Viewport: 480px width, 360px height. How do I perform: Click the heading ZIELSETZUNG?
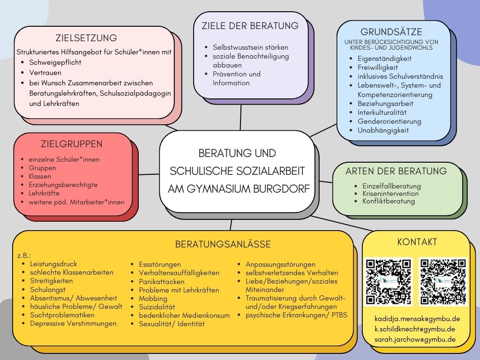[x=86, y=38]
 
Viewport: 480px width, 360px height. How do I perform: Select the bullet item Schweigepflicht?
[x=55, y=62]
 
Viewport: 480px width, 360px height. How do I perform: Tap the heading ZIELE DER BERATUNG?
[x=250, y=26]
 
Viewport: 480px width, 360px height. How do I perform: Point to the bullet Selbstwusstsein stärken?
[x=250, y=47]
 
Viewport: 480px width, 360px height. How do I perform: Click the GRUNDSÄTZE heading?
[x=391, y=32]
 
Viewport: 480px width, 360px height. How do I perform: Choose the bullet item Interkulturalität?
[x=382, y=112]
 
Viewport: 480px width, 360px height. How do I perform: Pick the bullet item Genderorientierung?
[x=390, y=121]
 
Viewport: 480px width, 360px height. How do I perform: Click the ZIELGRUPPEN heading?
[x=72, y=144]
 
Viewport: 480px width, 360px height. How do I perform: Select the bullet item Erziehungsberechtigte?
[x=63, y=185]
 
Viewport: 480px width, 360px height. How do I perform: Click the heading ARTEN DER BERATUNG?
[x=396, y=171]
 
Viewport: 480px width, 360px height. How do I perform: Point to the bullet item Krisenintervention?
[x=390, y=194]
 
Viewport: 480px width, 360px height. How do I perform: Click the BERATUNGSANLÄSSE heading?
[x=223, y=244]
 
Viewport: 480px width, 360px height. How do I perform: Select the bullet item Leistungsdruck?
[x=53, y=264]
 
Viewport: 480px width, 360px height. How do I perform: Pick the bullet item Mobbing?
[x=153, y=299]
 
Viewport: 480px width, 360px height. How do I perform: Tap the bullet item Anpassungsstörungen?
[x=280, y=264]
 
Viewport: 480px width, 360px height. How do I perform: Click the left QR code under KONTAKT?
[x=389, y=282]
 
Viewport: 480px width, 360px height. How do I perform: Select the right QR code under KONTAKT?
[x=443, y=282]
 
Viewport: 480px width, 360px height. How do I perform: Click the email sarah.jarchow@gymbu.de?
[x=415, y=339]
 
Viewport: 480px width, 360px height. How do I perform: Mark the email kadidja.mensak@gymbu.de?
[x=417, y=319]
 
